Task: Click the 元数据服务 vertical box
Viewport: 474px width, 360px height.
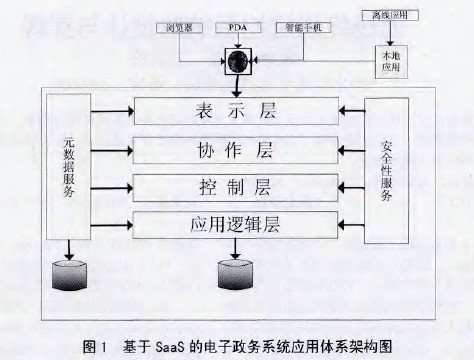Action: (67, 166)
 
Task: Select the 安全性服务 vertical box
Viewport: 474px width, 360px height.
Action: (387, 166)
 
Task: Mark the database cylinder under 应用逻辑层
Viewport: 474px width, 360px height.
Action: (238, 272)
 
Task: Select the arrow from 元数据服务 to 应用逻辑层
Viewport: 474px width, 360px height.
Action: (112, 221)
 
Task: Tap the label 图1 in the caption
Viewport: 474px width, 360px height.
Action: (95, 346)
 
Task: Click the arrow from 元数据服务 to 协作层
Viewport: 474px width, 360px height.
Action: (112, 148)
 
